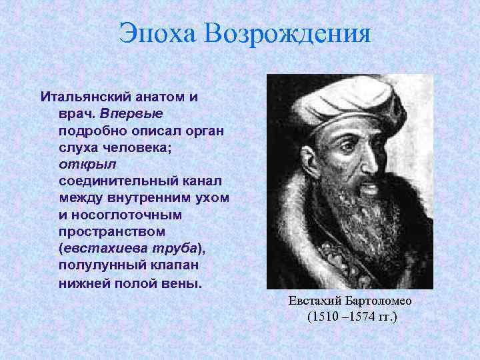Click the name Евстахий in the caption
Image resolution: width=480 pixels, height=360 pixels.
(313, 301)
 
